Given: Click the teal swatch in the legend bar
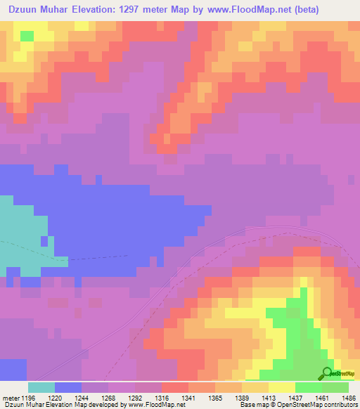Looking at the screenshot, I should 41,387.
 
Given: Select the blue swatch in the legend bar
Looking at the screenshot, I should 68,387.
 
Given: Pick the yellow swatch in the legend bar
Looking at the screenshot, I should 282,387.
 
